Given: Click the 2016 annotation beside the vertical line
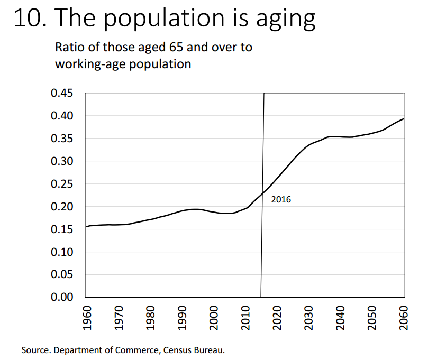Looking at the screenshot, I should tap(281, 200).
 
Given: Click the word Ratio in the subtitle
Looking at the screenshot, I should tap(70, 47).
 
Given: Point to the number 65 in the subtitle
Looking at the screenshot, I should tap(176, 47).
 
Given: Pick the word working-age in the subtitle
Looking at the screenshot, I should tap(88, 64).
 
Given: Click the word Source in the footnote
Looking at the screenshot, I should tap(33, 350).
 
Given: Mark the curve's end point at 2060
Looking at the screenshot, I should tap(404, 119).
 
